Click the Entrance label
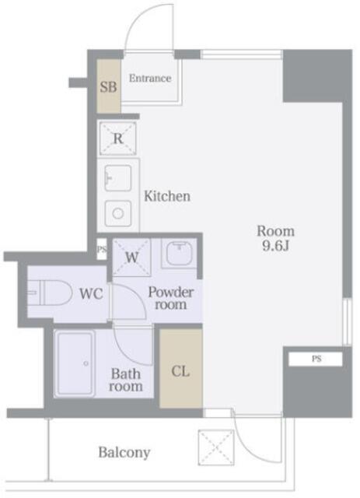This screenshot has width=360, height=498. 150,78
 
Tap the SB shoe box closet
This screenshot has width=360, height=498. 108,86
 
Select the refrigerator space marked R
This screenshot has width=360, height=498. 117,139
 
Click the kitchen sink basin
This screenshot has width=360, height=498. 117,178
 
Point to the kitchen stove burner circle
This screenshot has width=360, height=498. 118,213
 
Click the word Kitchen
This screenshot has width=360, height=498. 167,196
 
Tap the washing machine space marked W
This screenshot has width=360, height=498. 131,258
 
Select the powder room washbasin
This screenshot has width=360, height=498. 180,254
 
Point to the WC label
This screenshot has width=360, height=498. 91,294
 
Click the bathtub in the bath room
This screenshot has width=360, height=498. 75,363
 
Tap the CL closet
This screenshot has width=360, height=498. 180,368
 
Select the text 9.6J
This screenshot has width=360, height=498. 275,246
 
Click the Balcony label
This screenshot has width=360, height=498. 124,453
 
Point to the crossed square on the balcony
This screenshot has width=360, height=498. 216,447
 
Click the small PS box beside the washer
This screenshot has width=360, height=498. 102,249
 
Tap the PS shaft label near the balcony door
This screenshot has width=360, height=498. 316,359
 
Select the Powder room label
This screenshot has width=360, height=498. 171,298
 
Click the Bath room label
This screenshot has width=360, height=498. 126,380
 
